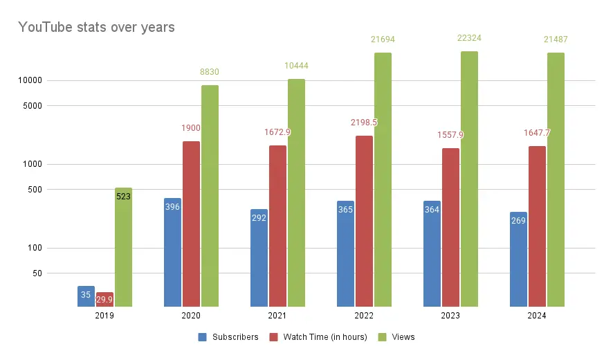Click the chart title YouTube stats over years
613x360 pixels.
tap(96, 28)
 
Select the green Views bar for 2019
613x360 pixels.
tap(123, 249)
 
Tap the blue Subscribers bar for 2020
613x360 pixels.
tap(172, 253)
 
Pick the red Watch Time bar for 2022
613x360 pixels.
tap(364, 222)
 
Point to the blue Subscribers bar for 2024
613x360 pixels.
tap(518, 260)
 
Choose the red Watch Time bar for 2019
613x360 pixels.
tap(104, 299)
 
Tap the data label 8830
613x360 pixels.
tap(210, 72)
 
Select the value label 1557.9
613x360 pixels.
tap(450, 135)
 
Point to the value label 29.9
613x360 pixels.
tap(104, 299)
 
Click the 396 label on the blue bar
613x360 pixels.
tap(172, 207)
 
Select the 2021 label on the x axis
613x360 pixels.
tap(277, 316)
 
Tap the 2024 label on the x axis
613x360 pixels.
tap(537, 316)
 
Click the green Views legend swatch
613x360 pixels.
tap(383, 337)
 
